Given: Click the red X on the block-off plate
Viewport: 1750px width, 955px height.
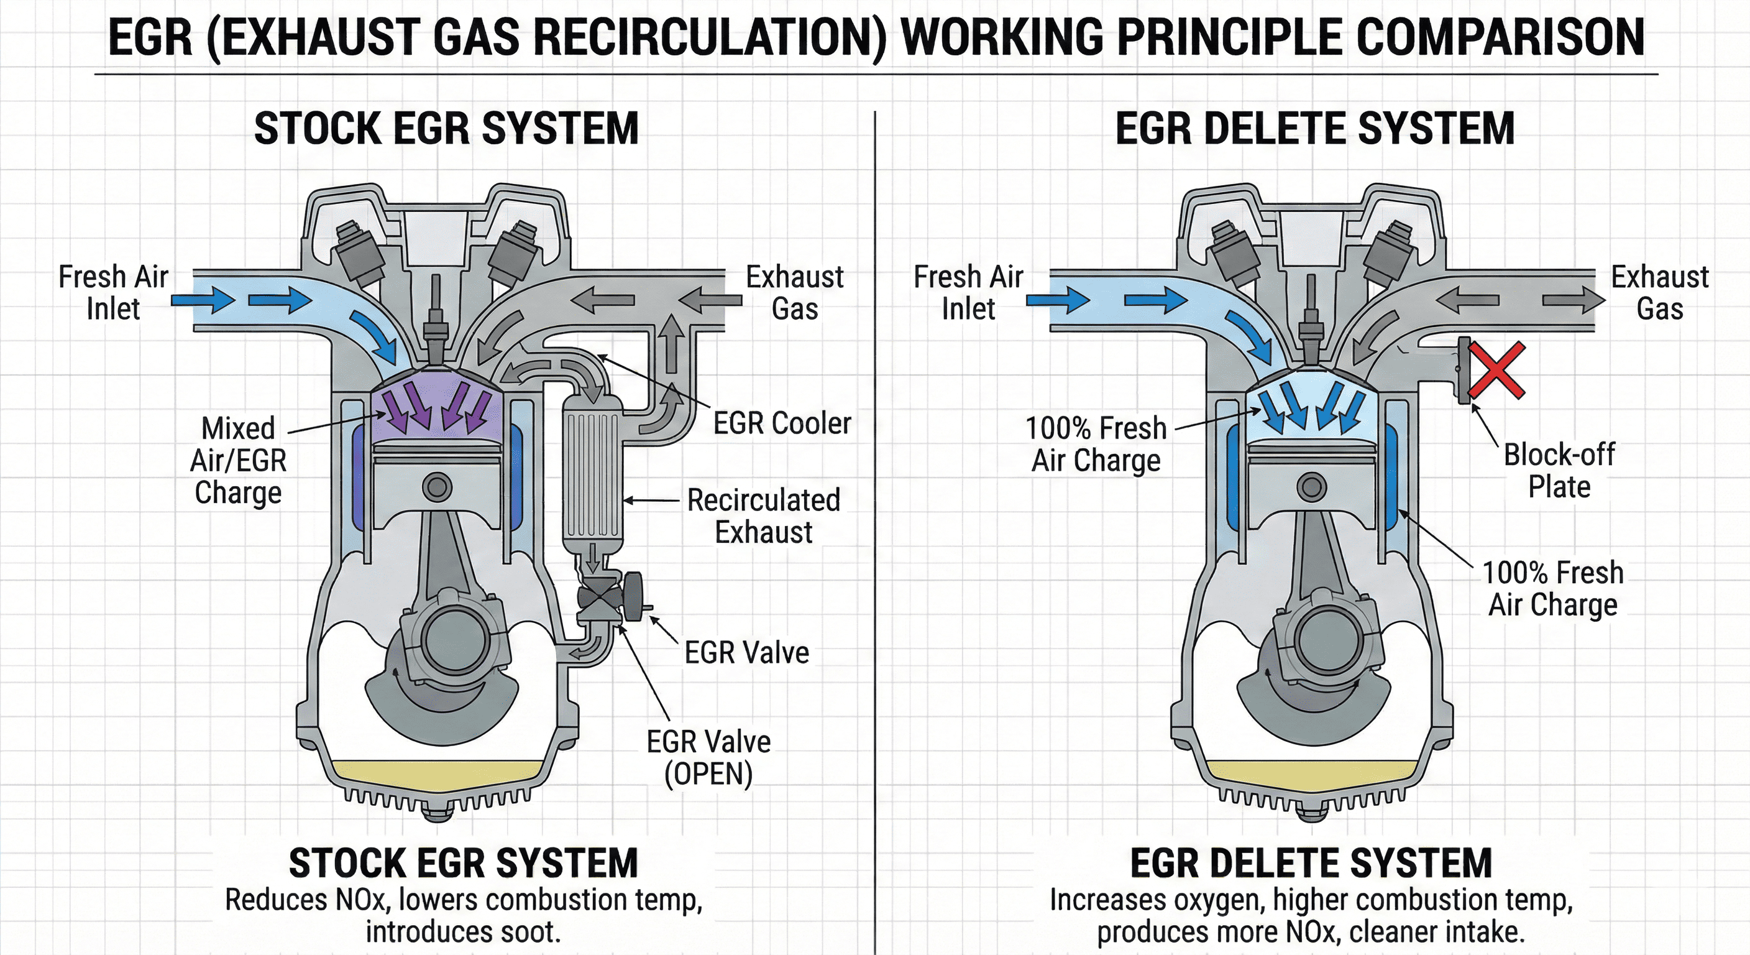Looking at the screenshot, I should click(x=1496, y=370).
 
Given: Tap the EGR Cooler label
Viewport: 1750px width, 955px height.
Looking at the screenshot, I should click(x=781, y=423).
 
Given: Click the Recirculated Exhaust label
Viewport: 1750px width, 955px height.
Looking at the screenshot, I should click(x=764, y=516).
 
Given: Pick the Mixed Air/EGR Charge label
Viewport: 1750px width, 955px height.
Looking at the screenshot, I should click(x=239, y=460).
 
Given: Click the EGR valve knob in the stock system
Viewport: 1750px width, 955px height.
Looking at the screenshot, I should click(x=634, y=596).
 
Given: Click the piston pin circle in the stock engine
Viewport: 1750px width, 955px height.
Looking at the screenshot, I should click(x=437, y=487).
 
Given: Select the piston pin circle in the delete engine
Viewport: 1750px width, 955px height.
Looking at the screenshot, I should click(x=1311, y=487).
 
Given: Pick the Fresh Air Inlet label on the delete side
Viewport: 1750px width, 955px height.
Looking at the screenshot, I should click(x=968, y=293).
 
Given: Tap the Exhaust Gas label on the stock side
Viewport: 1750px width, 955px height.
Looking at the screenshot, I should click(x=794, y=293).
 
